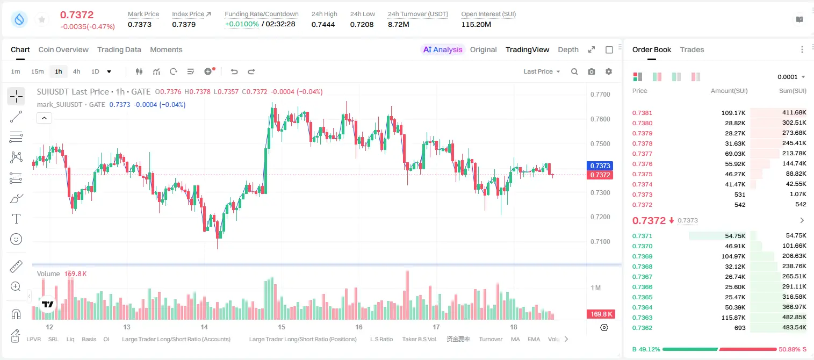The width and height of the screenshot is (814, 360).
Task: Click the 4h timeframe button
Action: coord(76,71)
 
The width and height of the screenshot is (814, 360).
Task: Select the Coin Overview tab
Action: coord(63,49)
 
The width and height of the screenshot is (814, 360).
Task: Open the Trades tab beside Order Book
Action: coord(692,49)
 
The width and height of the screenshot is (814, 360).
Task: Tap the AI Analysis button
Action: coord(443,49)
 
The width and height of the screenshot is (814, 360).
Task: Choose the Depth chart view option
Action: coord(568,49)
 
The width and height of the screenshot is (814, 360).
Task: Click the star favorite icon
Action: coord(42,19)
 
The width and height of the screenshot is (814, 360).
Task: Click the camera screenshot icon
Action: coord(591,71)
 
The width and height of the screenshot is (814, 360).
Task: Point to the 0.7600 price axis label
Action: coord(600,119)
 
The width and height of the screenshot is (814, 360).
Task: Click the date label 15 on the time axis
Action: coord(281,327)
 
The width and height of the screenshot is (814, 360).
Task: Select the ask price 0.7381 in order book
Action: coord(642,113)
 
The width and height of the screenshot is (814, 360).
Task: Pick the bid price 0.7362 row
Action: coord(642,328)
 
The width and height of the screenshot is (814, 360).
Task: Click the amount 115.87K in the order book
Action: coord(733,318)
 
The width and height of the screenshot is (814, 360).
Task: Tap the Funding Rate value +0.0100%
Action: coord(242,24)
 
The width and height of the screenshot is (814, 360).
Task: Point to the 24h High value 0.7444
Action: coord(323,24)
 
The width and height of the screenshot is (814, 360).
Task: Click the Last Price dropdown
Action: coord(542,71)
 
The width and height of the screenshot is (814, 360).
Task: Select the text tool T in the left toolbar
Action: coord(16,219)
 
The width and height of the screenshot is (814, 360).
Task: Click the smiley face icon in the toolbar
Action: coord(16,239)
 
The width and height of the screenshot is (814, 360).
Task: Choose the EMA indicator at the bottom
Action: coord(534,339)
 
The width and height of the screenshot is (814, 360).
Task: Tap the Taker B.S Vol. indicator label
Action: coord(419,339)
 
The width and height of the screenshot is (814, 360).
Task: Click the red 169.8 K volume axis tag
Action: coord(601,314)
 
